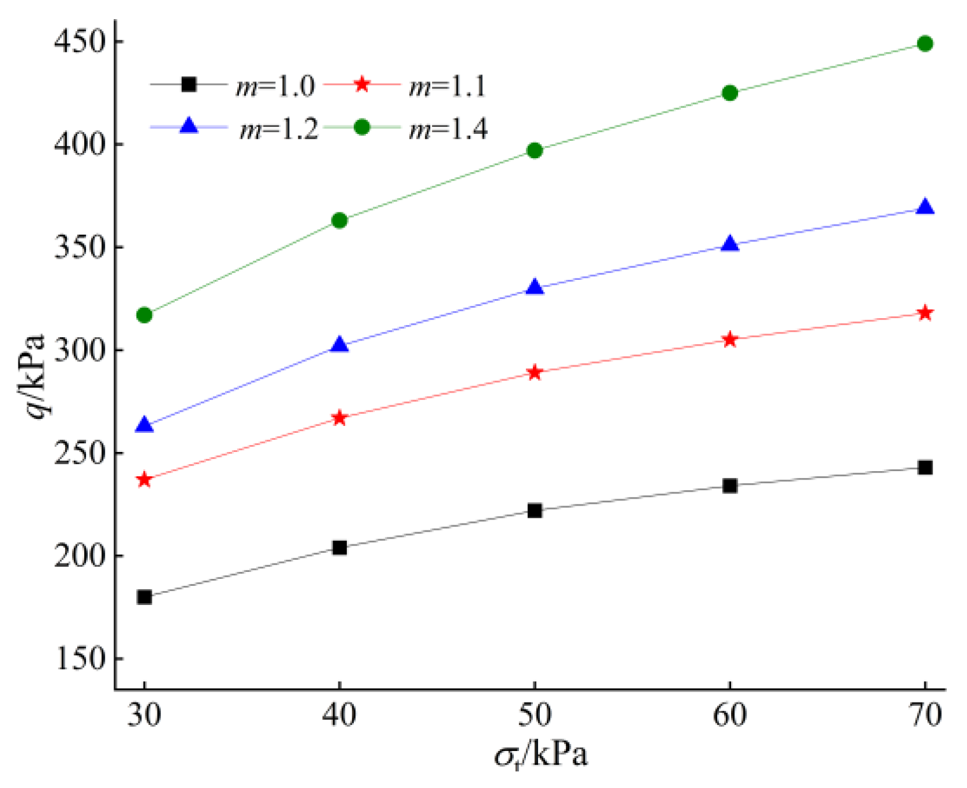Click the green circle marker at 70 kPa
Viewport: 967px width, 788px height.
[x=924, y=43]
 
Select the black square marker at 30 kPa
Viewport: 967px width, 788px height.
[x=145, y=597]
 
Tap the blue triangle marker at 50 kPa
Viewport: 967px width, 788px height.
[x=535, y=288]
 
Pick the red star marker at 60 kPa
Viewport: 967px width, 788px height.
[x=730, y=340]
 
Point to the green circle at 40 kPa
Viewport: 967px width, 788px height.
[x=340, y=221]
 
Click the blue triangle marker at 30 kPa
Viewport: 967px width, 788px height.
[x=145, y=425]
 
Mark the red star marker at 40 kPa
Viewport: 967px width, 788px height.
[x=340, y=418]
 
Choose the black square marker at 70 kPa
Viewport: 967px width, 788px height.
[x=924, y=468]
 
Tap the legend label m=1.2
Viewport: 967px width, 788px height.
[x=278, y=129]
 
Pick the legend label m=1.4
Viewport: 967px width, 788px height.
[x=449, y=129]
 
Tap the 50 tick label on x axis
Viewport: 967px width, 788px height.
[x=534, y=716]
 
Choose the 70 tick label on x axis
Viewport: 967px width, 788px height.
[x=924, y=716]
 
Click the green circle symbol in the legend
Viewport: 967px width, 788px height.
[x=362, y=128]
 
